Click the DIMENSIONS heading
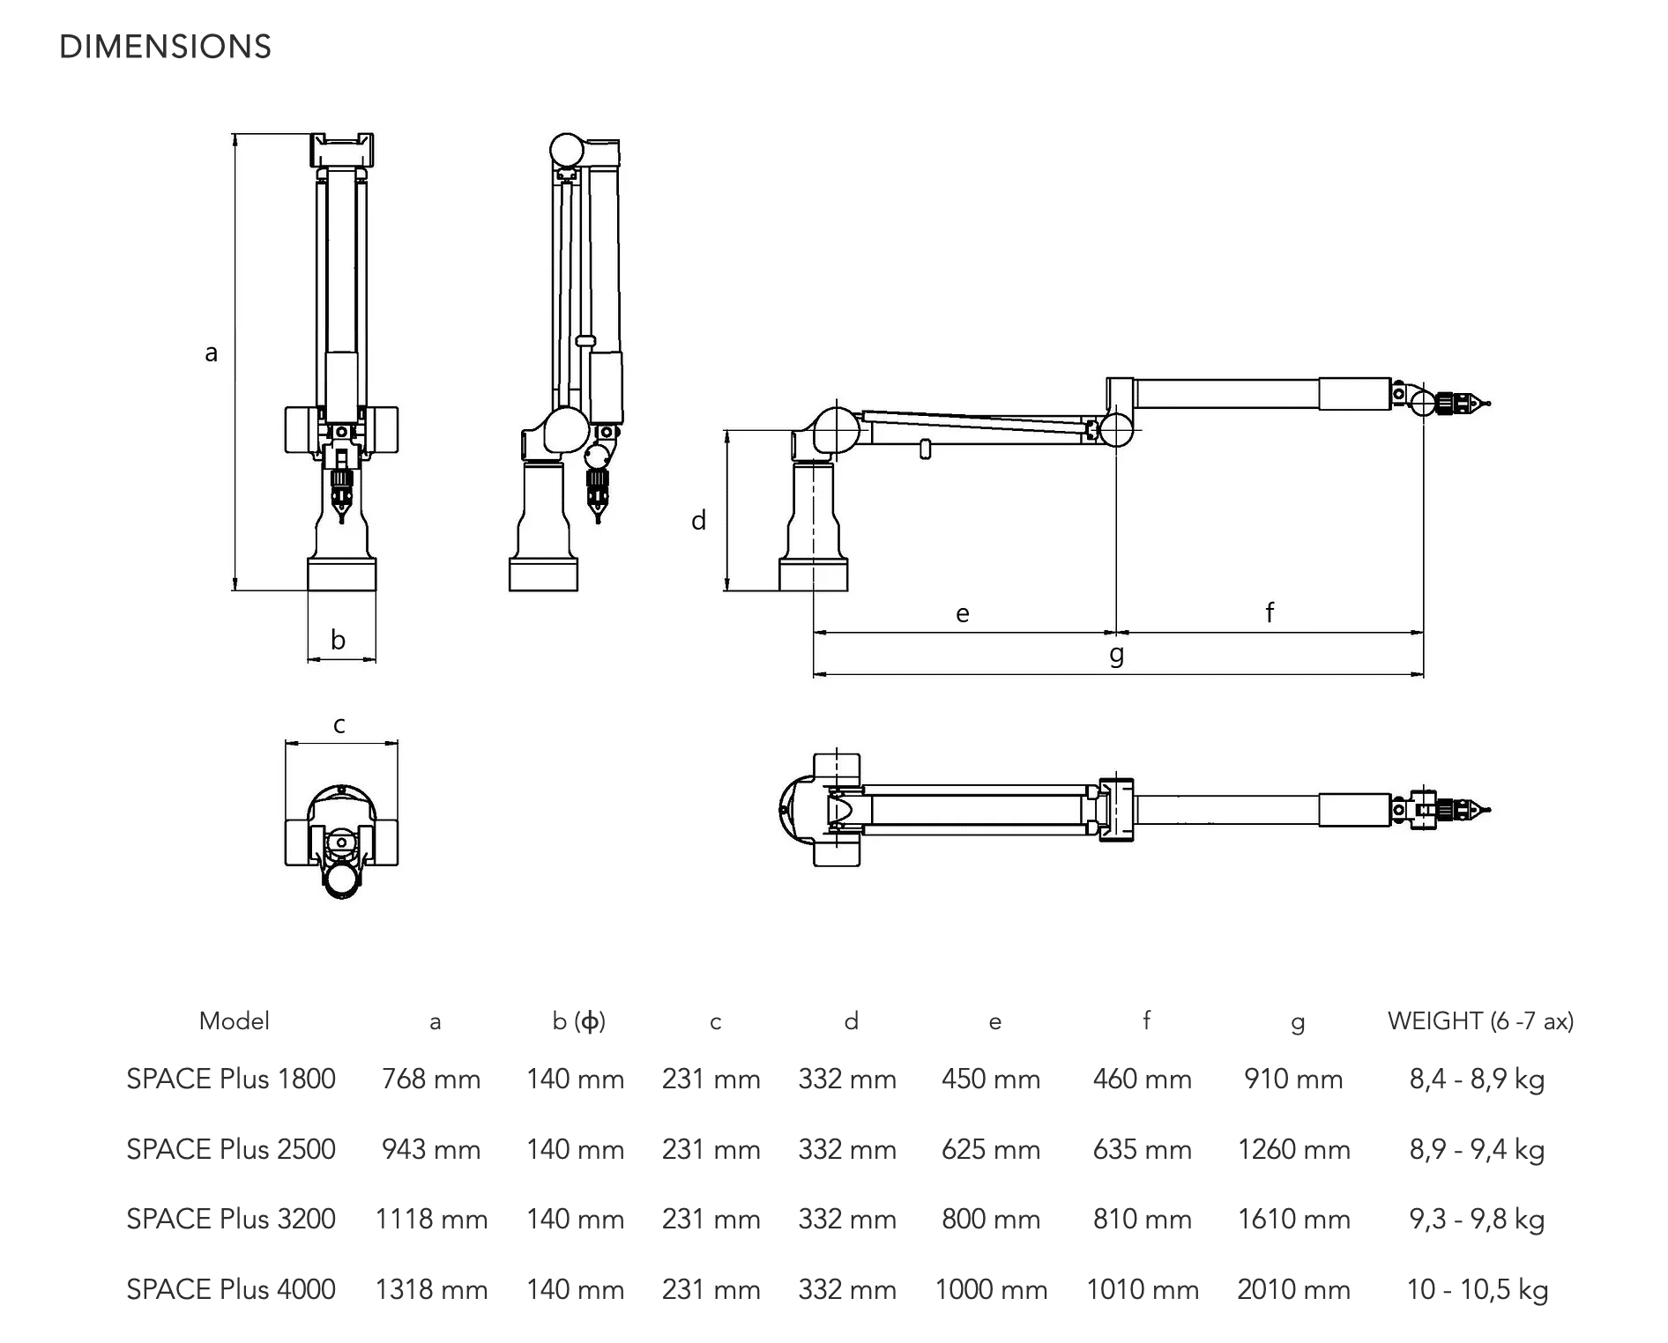pyautogui.click(x=165, y=47)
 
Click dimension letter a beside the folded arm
pyautogui.click(x=211, y=353)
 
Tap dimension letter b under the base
pyautogui.click(x=338, y=640)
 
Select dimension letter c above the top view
pyautogui.click(x=339, y=725)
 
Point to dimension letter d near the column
pyautogui.click(x=698, y=521)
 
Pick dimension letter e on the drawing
pyautogui.click(x=963, y=613)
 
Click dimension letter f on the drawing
pyautogui.click(x=1270, y=612)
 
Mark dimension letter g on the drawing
pyautogui.click(x=1117, y=654)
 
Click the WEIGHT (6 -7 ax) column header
pyautogui.click(x=1480, y=1020)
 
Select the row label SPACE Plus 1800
pyautogui.click(x=231, y=1079)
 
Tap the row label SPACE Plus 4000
pyautogui.click(x=231, y=1289)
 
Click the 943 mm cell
pyautogui.click(x=431, y=1149)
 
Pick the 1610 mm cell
pyautogui.click(x=1293, y=1219)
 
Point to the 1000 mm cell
pyautogui.click(x=991, y=1289)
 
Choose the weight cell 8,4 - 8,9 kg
pyautogui.click(x=1477, y=1079)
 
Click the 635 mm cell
pyautogui.click(x=1142, y=1149)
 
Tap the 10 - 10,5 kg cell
pyautogui.click(x=1477, y=1289)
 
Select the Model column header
pyautogui.click(x=234, y=1020)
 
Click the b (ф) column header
pyautogui.click(x=578, y=1020)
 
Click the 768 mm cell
pyautogui.click(x=431, y=1079)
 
